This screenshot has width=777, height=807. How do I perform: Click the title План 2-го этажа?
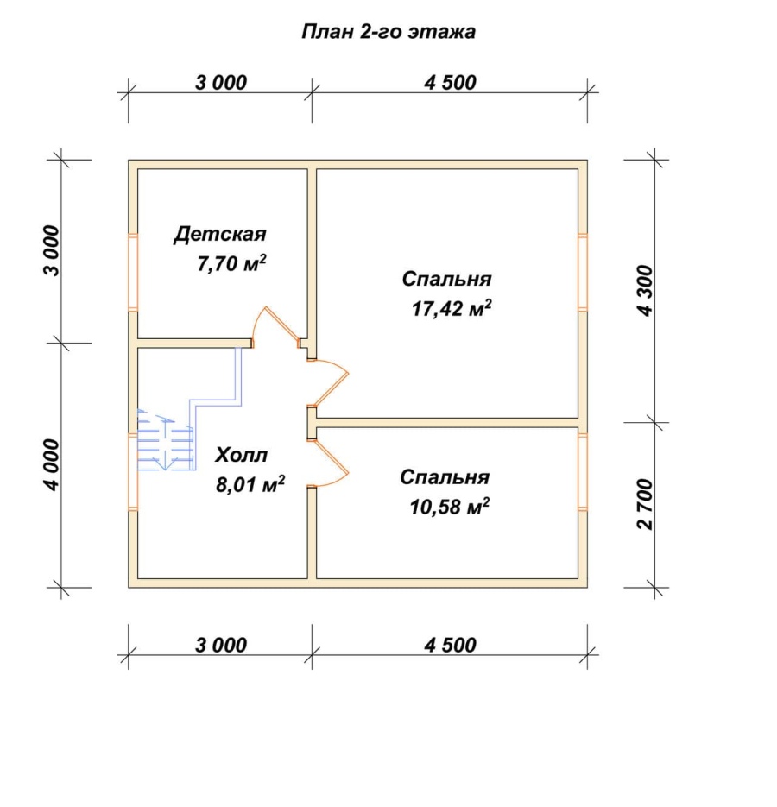click(x=388, y=32)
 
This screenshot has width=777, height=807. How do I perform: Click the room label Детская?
click(x=220, y=234)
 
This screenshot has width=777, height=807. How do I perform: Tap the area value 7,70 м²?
click(x=231, y=263)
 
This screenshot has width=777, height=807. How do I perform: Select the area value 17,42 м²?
click(x=451, y=308)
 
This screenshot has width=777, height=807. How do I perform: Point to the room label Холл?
click(x=241, y=455)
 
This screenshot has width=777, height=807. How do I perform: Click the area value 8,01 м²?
click(x=250, y=484)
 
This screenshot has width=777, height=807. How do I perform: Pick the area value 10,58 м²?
click(x=449, y=507)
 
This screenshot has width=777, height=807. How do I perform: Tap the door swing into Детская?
click(x=275, y=326)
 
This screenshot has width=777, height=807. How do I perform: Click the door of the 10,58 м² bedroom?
click(x=330, y=463)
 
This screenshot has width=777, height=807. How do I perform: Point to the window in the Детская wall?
click(x=133, y=272)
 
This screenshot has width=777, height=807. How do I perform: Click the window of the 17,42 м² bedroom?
click(x=583, y=272)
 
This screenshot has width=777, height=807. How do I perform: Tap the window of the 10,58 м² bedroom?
click(x=583, y=472)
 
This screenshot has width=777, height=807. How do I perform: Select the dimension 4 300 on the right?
click(x=644, y=291)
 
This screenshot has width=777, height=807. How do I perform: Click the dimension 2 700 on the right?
click(x=644, y=504)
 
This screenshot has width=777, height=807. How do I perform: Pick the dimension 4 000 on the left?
click(x=53, y=464)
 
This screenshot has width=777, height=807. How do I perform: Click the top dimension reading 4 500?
click(x=450, y=82)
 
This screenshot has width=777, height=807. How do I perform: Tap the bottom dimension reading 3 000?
click(x=221, y=645)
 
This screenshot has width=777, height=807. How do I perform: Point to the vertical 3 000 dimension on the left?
click(x=53, y=251)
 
